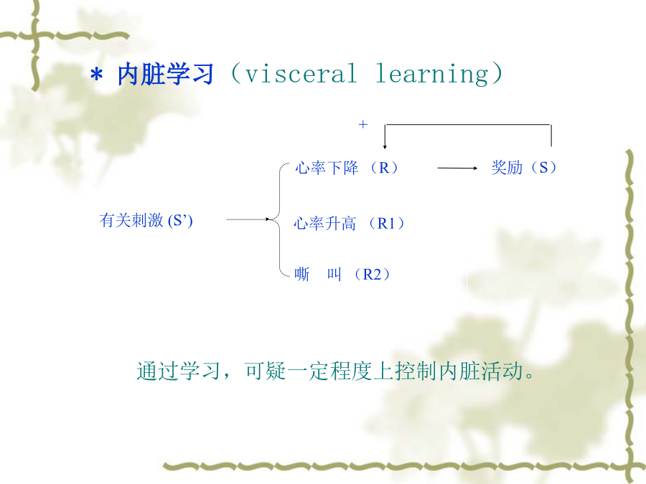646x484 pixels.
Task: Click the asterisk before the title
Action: point(96,75)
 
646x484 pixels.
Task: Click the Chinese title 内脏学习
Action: point(166,75)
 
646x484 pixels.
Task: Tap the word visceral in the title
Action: point(301,74)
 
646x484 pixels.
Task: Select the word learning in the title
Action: point(432,75)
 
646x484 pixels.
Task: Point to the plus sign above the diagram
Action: point(363,124)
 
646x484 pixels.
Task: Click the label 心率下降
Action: point(327,168)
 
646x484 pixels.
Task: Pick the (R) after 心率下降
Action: point(384,168)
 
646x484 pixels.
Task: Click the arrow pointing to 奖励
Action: point(457,168)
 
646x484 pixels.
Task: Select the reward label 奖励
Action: point(507,168)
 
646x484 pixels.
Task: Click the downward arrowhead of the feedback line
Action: point(385,146)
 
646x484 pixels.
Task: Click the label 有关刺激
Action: point(131,220)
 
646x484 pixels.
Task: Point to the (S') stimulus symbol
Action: point(180,221)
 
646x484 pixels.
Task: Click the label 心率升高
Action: point(324,224)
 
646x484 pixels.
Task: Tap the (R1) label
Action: point(386,224)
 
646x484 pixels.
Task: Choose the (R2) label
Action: point(372,274)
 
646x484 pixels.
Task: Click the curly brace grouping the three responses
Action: point(280,219)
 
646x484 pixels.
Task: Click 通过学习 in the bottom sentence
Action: point(179,371)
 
